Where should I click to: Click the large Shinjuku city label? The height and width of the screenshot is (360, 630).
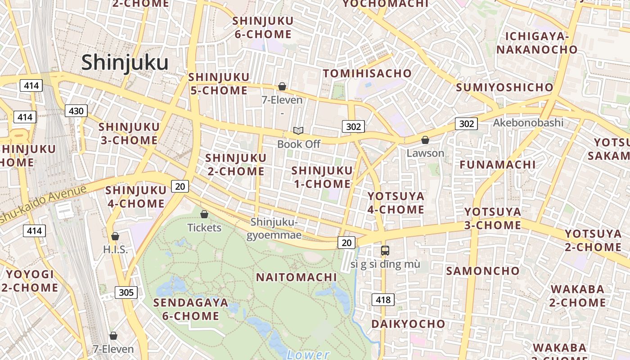pyautogui.click(x=125, y=63)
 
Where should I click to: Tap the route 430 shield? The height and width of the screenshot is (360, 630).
pyautogui.click(x=76, y=111)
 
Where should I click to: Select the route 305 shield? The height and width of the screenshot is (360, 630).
pyautogui.click(x=126, y=292)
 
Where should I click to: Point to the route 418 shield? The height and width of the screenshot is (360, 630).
pyautogui.click(x=383, y=299)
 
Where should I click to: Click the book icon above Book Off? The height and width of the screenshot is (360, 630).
pyautogui.click(x=298, y=131)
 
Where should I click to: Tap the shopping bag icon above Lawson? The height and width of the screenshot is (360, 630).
pyautogui.click(x=425, y=140)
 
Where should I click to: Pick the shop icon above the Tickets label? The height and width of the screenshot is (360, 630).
pyautogui.click(x=204, y=214)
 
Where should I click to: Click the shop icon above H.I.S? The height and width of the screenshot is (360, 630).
pyautogui.click(x=115, y=236)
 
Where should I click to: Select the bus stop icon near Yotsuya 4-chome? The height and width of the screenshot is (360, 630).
pyautogui.click(x=385, y=251)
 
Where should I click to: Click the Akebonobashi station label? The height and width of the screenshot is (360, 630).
pyautogui.click(x=528, y=122)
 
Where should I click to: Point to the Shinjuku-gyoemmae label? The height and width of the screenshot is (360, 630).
pyautogui.click(x=274, y=229)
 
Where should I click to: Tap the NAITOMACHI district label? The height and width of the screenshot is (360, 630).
pyautogui.click(x=296, y=277)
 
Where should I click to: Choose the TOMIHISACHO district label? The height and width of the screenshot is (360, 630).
pyautogui.click(x=367, y=73)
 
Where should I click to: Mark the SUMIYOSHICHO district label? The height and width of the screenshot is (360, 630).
pyautogui.click(x=504, y=87)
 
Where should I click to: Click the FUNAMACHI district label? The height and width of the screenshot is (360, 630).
pyautogui.click(x=497, y=165)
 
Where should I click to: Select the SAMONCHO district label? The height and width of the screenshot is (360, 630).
pyautogui.click(x=482, y=271)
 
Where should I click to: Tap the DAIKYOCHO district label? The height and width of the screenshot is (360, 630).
pyautogui.click(x=408, y=324)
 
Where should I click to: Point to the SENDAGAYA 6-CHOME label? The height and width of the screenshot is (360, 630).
pyautogui.click(x=190, y=309)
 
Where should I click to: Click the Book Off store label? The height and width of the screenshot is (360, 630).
pyautogui.click(x=299, y=144)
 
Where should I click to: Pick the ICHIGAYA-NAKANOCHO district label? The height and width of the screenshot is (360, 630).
pyautogui.click(x=537, y=43)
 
